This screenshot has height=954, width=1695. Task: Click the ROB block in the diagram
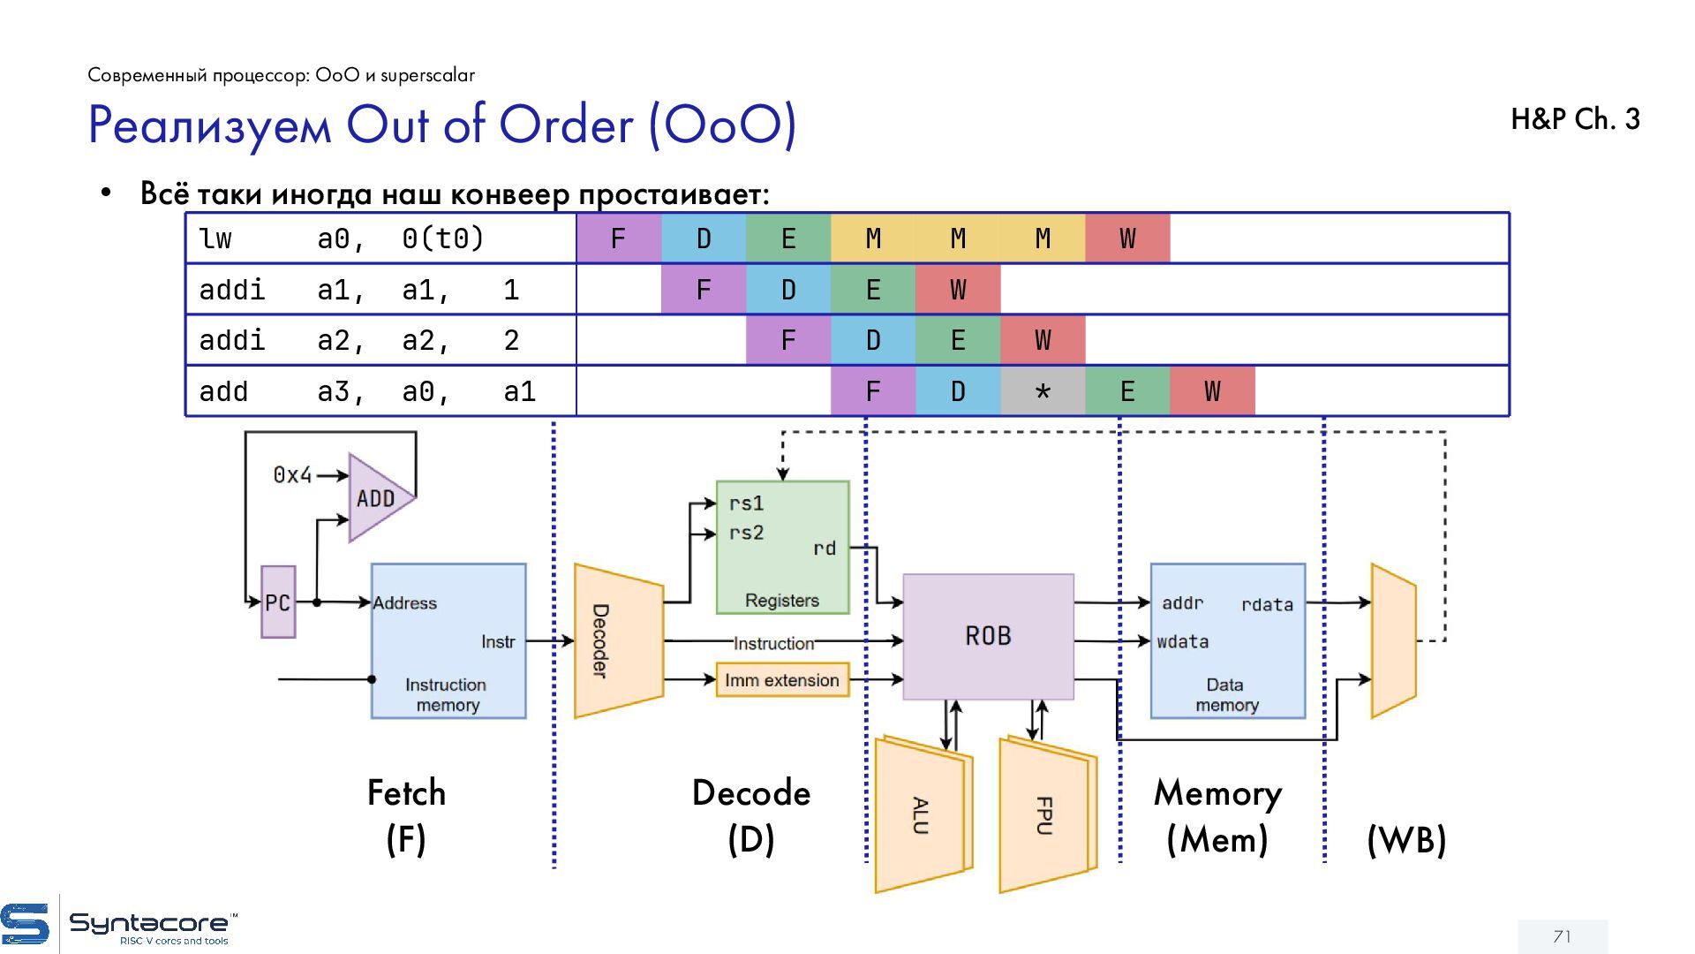click(988, 636)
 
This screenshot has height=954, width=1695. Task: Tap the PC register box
click(278, 602)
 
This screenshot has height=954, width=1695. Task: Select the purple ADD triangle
click(378, 498)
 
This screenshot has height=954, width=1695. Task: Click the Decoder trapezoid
click(617, 641)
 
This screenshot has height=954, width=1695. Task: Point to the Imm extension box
click(782, 680)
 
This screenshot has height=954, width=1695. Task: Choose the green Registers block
click(782, 548)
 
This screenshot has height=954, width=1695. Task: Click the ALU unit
click(921, 814)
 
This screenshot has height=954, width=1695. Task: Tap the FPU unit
click(1045, 814)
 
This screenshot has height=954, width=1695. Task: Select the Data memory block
click(1227, 641)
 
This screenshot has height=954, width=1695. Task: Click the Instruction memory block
click(448, 641)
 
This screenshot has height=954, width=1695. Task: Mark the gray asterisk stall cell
click(1043, 391)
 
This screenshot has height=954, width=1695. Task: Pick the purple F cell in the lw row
click(618, 238)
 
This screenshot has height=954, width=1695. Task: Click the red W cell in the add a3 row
click(1212, 391)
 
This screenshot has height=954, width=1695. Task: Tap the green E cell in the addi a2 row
click(958, 340)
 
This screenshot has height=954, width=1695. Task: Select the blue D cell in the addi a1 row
click(788, 290)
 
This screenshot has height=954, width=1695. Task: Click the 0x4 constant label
click(292, 475)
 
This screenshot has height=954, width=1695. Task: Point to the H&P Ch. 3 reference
click(1575, 119)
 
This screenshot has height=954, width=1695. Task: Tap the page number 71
click(1563, 936)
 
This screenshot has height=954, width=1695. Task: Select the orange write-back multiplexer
click(1393, 641)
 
